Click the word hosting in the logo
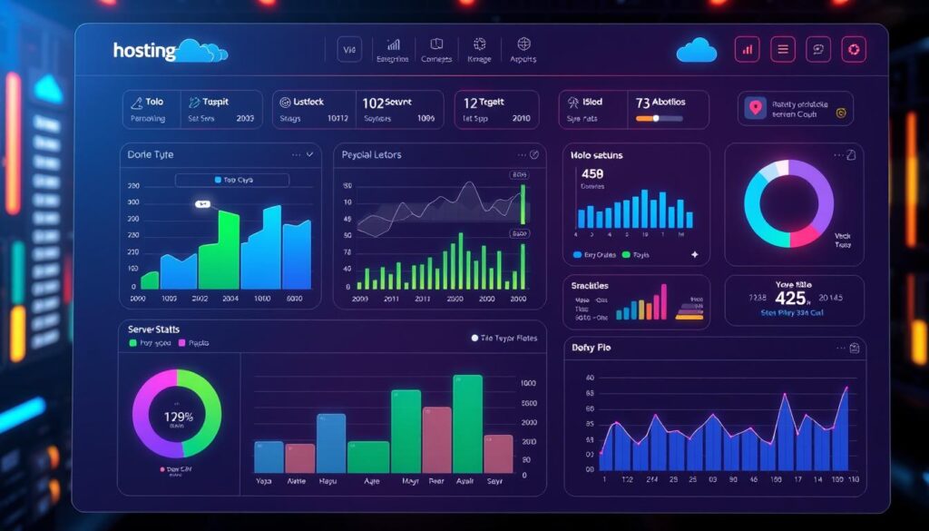(x=144, y=50)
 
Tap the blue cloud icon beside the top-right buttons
(x=696, y=49)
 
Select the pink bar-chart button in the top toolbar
(x=747, y=50)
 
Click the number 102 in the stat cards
(x=373, y=103)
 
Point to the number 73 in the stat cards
(x=642, y=103)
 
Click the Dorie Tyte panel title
(x=152, y=155)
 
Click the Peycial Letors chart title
(x=371, y=155)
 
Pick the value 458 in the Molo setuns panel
(x=592, y=173)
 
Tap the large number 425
(x=790, y=298)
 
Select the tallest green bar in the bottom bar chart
(x=468, y=422)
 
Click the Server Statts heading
(x=155, y=329)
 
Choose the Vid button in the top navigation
(x=349, y=50)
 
